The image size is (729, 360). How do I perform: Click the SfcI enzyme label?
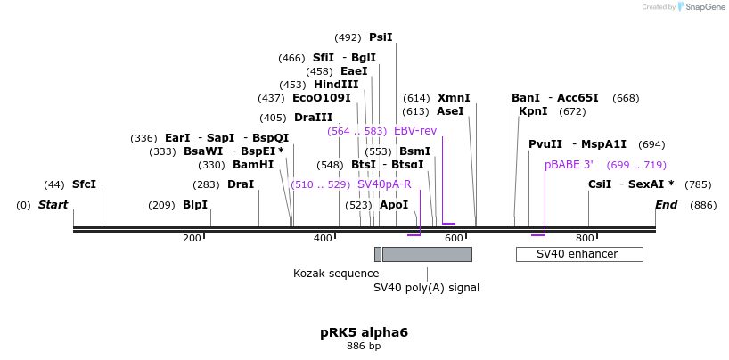click(84, 184)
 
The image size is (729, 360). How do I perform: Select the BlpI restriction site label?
click(195, 205)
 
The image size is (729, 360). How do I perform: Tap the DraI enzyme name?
click(241, 184)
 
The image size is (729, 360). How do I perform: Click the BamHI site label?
click(253, 165)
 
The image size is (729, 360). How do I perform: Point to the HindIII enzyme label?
click(336, 85)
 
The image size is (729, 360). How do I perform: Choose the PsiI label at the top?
click(381, 37)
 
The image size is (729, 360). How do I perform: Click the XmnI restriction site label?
click(454, 98)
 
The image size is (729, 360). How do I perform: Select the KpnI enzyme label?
click(533, 111)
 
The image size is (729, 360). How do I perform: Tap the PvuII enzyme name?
click(545, 144)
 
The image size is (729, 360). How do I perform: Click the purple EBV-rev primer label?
click(415, 131)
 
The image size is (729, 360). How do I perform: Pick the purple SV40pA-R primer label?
click(384, 184)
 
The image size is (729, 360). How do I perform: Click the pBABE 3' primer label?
click(569, 165)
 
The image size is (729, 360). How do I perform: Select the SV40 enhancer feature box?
click(579, 254)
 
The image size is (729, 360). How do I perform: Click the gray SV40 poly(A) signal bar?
click(427, 254)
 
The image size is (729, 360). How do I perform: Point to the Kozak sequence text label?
click(336, 274)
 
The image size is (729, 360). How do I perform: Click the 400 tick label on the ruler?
click(323, 238)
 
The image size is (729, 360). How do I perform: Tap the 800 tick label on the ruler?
click(585, 238)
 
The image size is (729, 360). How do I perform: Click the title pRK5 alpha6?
click(364, 332)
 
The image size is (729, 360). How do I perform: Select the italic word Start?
click(53, 205)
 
